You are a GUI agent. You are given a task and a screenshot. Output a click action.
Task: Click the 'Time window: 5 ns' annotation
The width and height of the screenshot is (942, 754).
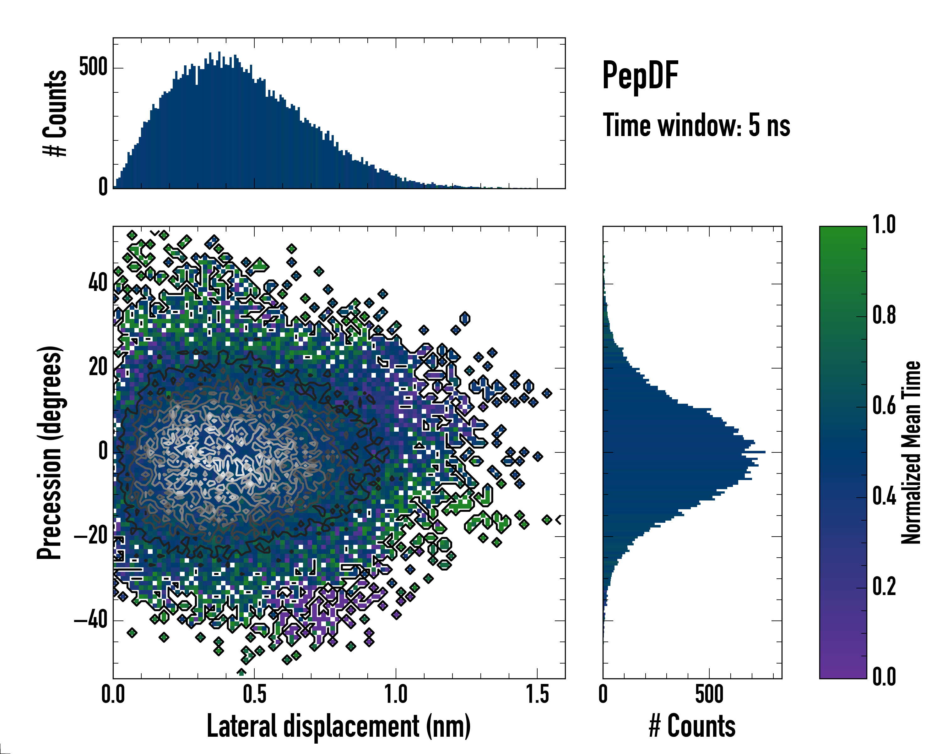[696, 125]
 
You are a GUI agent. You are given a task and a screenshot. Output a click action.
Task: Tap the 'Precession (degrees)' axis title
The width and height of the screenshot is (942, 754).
[49, 452]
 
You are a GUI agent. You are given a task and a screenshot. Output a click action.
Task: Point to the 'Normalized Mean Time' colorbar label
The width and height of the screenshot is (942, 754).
[911, 452]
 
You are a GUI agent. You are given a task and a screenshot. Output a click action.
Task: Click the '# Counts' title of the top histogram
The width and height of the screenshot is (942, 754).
[55, 113]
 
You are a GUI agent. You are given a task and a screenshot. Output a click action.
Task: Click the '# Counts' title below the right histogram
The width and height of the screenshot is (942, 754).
[692, 726]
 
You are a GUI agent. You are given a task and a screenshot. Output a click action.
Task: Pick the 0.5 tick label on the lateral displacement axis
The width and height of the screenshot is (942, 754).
[254, 695]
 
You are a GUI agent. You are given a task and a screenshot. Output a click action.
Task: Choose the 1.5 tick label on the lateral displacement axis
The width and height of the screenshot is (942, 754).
[537, 695]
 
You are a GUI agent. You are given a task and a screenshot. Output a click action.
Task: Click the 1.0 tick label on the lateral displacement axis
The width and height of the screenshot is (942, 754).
[396, 695]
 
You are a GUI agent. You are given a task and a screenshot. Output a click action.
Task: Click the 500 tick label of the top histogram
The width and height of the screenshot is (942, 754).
[93, 68]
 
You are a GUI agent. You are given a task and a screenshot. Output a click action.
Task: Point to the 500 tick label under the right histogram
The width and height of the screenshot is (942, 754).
[709, 695]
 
